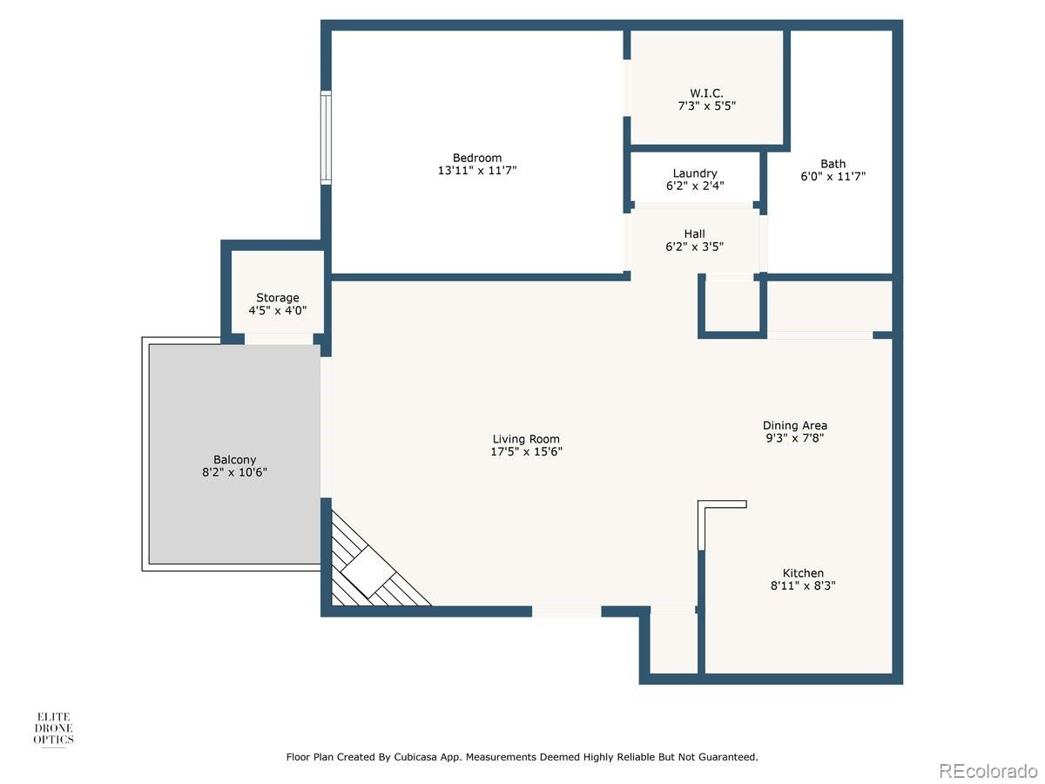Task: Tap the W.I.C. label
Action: click(x=706, y=93)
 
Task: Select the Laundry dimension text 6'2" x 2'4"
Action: click(x=695, y=186)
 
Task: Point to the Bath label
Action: click(x=833, y=164)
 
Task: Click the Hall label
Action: click(x=694, y=233)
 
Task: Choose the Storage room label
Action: click(x=277, y=298)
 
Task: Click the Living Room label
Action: click(x=526, y=439)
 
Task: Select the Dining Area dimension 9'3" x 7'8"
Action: click(x=794, y=438)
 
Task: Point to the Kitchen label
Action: click(x=803, y=573)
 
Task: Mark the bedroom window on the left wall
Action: click(x=326, y=139)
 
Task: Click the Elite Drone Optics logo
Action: click(x=54, y=728)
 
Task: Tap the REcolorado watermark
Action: click(x=988, y=770)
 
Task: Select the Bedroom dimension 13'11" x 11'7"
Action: click(x=476, y=171)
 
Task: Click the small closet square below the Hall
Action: click(x=731, y=306)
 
